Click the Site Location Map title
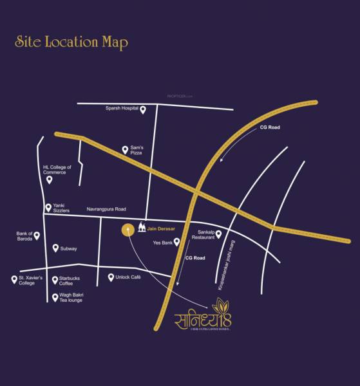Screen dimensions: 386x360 [71, 42]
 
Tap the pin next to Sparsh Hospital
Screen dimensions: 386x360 [143, 110]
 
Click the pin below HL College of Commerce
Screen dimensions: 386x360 [50, 180]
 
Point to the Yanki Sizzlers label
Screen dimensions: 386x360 [64, 208]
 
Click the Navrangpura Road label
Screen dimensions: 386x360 [106, 209]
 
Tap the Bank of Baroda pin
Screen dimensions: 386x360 [37, 235]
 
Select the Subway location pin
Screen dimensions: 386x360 [55, 248]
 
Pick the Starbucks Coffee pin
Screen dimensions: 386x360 [55, 280]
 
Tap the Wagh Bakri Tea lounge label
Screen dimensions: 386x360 [71, 297]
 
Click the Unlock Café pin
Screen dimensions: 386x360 [111, 277]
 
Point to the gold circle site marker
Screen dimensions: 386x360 [129, 230]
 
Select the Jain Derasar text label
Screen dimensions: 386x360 [160, 228]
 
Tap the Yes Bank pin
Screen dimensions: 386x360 [176, 243]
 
